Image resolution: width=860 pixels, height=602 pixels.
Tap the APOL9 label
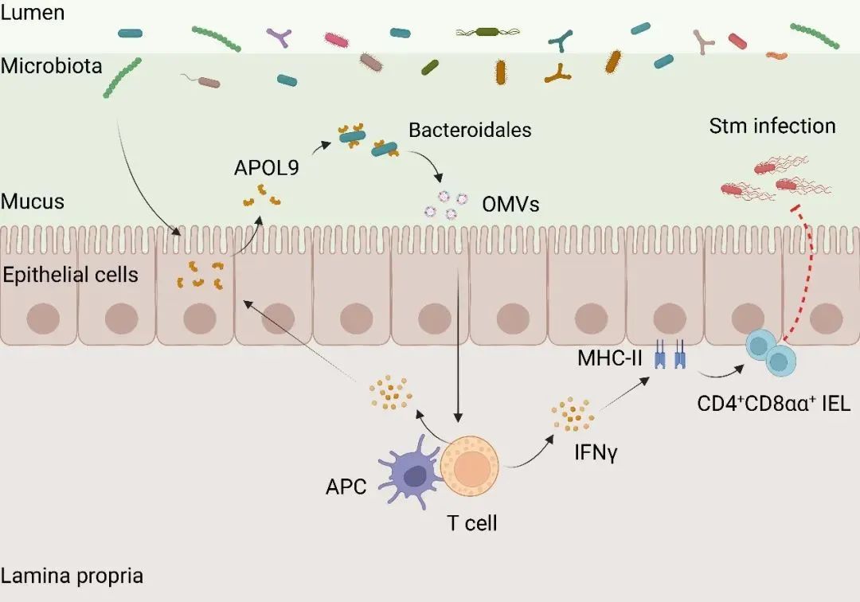(x=267, y=168)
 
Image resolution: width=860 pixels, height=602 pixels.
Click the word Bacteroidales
(x=470, y=129)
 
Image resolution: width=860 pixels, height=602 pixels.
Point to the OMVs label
(x=510, y=205)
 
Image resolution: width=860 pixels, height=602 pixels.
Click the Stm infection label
(x=772, y=126)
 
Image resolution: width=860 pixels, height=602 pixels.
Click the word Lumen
(x=33, y=13)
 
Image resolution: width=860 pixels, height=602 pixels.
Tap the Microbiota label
(x=52, y=65)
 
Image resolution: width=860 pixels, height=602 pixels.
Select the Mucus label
(x=33, y=201)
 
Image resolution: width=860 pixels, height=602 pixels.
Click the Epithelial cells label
(x=70, y=276)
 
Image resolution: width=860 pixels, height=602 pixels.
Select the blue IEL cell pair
(x=770, y=354)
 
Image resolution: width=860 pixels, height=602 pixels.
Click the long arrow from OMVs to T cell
(x=458, y=342)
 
